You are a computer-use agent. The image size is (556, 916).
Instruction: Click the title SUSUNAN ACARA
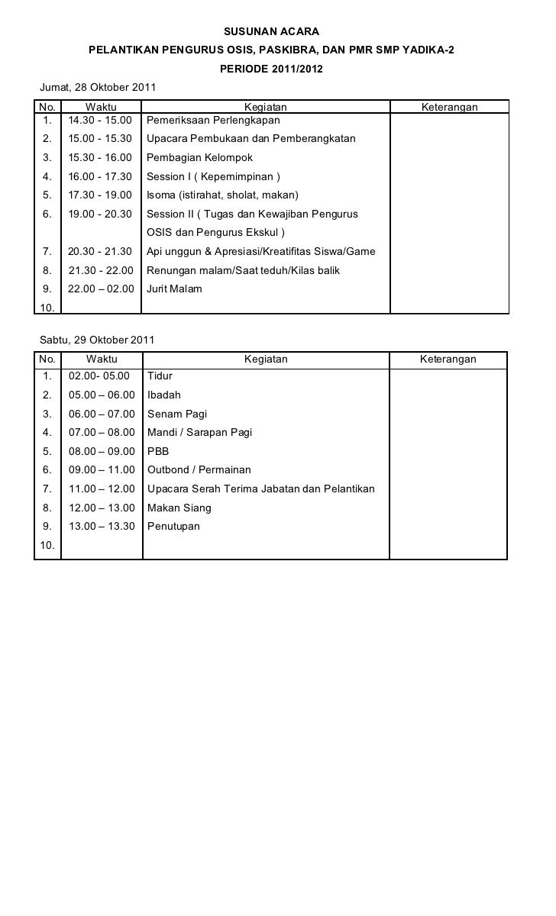coord(271,31)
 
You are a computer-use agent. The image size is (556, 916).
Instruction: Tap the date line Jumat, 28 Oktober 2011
coord(97,89)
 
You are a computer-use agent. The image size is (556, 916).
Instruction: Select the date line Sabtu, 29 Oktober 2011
coord(97,340)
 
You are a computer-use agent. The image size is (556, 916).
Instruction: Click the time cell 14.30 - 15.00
coord(100,121)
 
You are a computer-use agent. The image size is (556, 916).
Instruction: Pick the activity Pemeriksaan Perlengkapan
coord(213,121)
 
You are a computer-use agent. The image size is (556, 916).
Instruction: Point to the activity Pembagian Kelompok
coord(199,158)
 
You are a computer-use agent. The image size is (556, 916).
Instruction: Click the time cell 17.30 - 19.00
coord(100,195)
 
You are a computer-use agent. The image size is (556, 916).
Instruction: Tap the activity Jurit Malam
coord(174,289)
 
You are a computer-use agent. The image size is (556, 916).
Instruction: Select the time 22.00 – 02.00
coord(101,289)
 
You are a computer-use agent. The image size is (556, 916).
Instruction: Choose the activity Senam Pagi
coord(177,414)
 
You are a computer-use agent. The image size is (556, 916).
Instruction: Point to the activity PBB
coord(158,451)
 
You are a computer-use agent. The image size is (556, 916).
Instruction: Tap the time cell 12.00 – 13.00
coord(102,508)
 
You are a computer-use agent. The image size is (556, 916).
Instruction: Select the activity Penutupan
coord(173,527)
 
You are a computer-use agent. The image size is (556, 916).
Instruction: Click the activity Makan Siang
coord(179,508)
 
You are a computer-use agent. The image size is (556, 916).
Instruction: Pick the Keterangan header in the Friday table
coord(450,108)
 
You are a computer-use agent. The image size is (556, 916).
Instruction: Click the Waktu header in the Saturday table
coord(102,359)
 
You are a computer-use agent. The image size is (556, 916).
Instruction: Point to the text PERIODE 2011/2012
coord(271,69)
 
